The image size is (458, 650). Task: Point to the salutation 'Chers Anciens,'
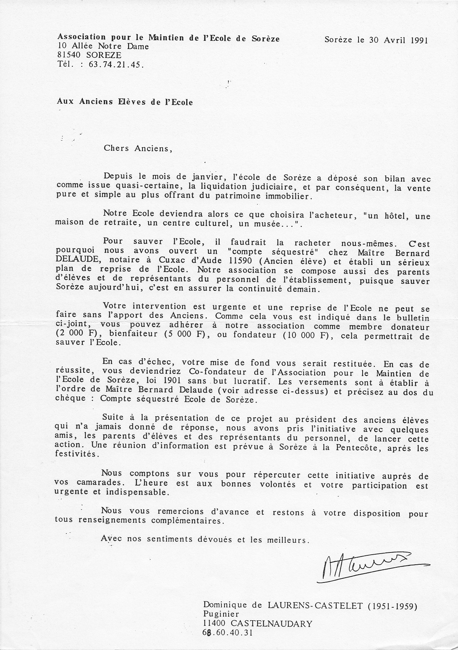coord(138,149)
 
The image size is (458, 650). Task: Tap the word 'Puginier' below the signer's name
coord(221,615)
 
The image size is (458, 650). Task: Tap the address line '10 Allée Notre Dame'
coord(103,46)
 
